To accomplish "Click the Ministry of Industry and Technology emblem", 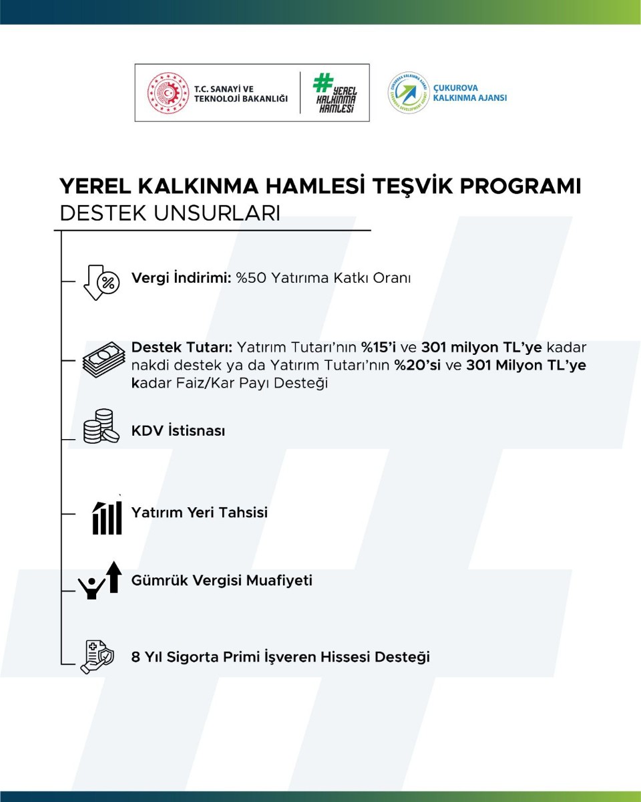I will click(x=168, y=93).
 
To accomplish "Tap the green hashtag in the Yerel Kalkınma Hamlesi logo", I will click(x=323, y=82).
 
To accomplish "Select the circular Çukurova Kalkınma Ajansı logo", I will click(x=408, y=93).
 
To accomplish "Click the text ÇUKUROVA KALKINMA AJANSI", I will click(x=470, y=93).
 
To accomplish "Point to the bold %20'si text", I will click(x=418, y=366).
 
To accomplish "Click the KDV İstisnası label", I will click(x=178, y=431).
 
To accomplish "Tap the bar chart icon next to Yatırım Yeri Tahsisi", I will click(x=107, y=515).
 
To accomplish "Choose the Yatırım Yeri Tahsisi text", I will click(x=200, y=513).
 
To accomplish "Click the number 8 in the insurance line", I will click(x=136, y=657).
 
